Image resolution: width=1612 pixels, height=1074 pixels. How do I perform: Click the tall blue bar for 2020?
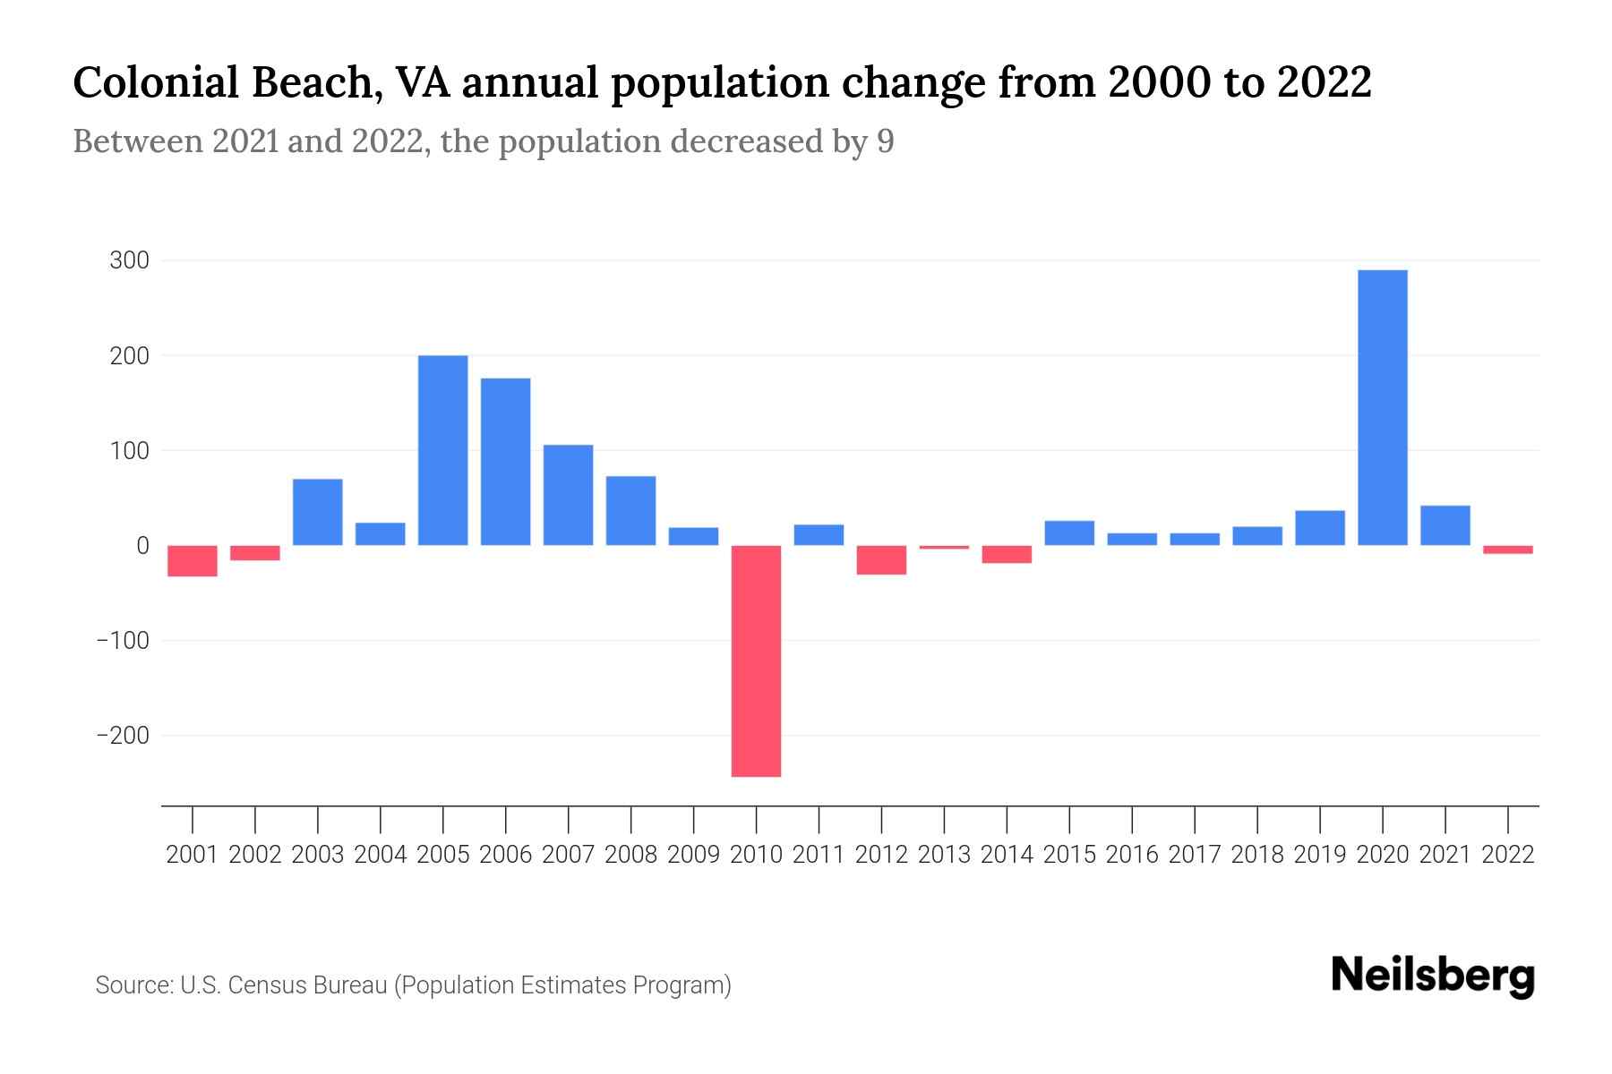coord(1382,407)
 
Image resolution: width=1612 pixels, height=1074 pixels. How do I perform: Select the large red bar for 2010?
coord(756,661)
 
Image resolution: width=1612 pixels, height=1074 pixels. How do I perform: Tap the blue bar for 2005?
coord(442,450)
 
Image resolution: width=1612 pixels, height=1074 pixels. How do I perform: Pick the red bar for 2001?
coord(193,560)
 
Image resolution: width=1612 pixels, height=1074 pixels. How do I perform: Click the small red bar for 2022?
coord(1507,550)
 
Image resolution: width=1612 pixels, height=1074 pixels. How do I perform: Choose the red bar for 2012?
coord(881,559)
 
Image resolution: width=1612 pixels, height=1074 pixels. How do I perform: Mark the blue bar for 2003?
coord(318,512)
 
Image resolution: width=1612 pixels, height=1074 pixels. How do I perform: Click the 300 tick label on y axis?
coord(129,261)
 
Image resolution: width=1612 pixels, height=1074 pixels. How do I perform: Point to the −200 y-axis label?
coord(123,736)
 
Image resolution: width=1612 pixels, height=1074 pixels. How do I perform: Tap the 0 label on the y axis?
coord(142,545)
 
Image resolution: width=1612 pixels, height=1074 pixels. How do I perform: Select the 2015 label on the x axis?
coord(1069,855)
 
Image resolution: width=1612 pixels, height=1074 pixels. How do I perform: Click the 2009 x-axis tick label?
coord(693,855)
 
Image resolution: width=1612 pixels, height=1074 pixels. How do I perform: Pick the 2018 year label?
coord(1256,855)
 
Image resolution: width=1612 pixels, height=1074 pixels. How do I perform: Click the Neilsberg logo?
coord(1433,976)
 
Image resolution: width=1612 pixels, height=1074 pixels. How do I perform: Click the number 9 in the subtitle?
coord(885,142)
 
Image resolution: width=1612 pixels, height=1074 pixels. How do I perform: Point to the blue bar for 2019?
coord(1319,527)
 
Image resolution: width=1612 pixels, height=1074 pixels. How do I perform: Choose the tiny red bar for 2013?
coord(944,547)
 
